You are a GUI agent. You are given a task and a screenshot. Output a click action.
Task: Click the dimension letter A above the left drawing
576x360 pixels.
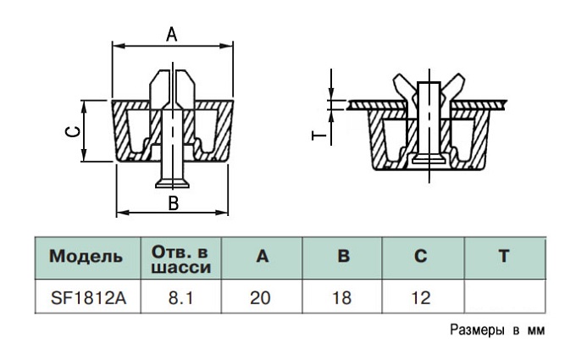[x=172, y=35]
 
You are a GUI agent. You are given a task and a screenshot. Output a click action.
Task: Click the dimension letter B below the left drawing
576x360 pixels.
[x=173, y=202]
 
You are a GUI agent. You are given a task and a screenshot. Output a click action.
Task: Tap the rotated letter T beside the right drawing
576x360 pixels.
[x=318, y=136]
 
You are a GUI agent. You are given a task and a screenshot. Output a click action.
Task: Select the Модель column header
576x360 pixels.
[x=86, y=256]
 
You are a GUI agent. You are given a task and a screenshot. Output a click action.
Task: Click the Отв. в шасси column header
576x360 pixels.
[x=181, y=260]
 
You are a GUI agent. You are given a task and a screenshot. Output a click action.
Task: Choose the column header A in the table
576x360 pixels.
[x=262, y=256]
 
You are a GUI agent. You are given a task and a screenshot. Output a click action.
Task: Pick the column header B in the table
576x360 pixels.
[x=343, y=256]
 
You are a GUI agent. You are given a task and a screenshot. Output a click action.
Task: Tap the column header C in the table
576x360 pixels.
[x=421, y=256]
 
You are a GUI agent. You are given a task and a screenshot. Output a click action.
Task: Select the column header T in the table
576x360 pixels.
[x=504, y=256]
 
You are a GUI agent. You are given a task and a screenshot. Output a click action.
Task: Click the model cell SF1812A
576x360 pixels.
[x=88, y=298]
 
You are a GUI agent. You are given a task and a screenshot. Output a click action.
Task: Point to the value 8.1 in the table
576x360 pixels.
[x=180, y=298]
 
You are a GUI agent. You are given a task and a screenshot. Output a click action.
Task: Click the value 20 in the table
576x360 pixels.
[x=260, y=298]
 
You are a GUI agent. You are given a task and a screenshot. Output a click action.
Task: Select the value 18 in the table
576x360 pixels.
[x=341, y=298]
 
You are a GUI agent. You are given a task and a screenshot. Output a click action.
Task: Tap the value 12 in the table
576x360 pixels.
[x=421, y=298]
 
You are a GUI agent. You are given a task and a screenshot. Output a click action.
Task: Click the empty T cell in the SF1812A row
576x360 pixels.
[x=505, y=296]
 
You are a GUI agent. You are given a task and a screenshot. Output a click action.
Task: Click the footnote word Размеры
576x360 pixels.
[x=477, y=330]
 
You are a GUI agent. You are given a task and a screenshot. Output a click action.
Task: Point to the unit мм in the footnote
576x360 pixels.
[x=536, y=331]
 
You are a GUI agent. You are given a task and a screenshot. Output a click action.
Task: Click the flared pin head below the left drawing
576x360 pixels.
[x=172, y=184]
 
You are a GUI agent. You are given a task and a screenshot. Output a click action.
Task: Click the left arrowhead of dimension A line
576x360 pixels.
[x=118, y=46]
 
